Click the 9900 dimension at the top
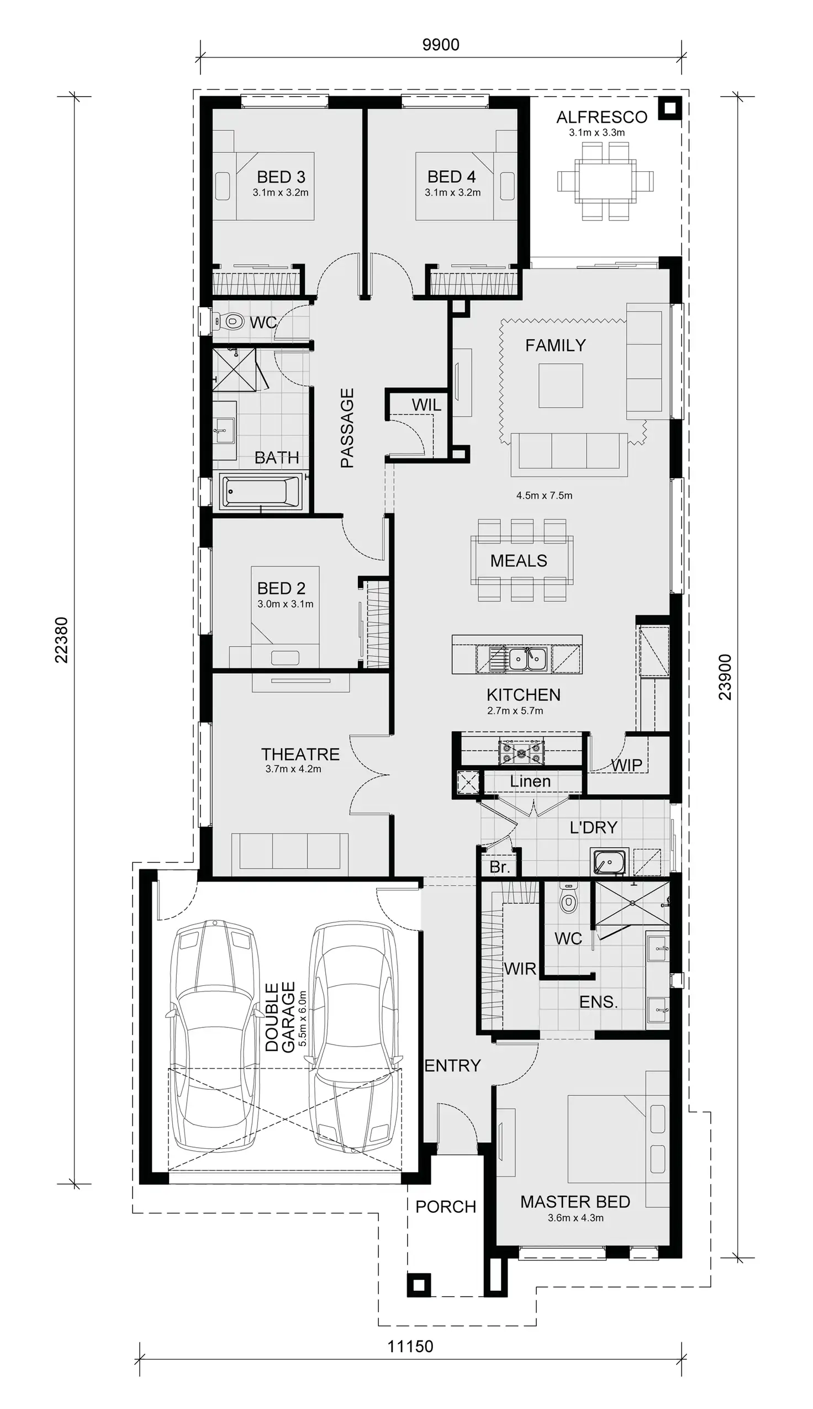point(441,45)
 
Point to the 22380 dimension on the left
point(61,640)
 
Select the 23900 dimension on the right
point(725,677)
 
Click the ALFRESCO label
point(601,117)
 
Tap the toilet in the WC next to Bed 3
point(231,321)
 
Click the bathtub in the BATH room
point(261,492)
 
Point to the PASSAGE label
point(347,428)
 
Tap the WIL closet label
point(426,405)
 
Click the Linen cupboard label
point(530,782)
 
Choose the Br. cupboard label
point(499,867)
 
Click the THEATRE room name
point(300,754)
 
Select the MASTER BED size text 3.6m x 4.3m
point(575,1218)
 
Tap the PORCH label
point(446,1207)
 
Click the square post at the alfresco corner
point(669,108)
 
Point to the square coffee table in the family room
point(561,386)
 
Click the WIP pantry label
point(626,765)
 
